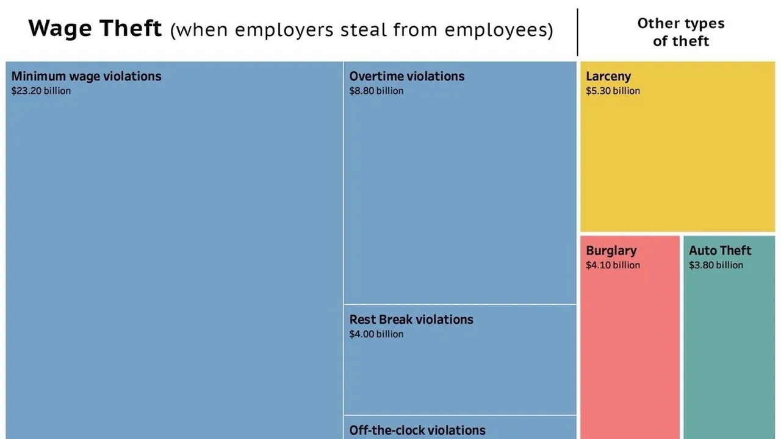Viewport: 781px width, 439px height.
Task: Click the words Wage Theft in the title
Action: (x=95, y=29)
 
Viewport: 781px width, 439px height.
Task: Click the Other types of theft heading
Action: (x=680, y=32)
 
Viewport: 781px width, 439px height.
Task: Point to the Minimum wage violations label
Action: (x=86, y=76)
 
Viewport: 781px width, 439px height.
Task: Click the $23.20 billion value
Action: (x=41, y=91)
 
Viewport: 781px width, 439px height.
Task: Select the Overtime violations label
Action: (x=406, y=76)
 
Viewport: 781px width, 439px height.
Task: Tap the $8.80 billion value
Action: (x=376, y=91)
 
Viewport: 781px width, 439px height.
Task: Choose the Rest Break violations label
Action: (x=411, y=319)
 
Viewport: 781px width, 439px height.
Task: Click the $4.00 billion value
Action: (x=376, y=334)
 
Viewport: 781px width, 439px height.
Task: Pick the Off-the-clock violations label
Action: (x=417, y=430)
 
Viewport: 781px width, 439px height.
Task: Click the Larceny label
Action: (x=608, y=76)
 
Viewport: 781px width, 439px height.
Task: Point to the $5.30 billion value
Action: (x=613, y=91)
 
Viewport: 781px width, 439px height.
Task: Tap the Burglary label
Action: (x=611, y=251)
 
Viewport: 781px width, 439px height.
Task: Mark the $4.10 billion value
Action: (x=613, y=265)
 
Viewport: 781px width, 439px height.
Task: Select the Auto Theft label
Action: (x=720, y=251)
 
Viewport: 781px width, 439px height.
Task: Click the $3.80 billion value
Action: (x=716, y=265)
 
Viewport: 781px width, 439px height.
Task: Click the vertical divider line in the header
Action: (x=577, y=32)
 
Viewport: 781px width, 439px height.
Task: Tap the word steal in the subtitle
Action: (x=358, y=30)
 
